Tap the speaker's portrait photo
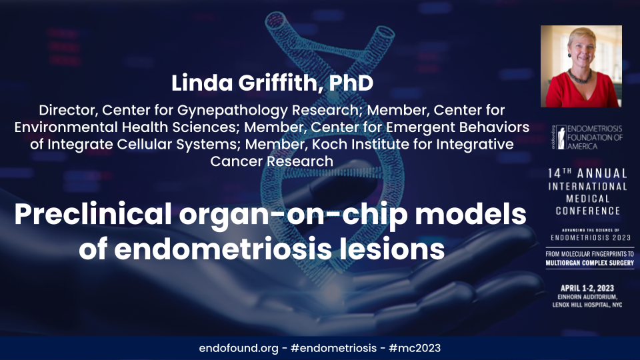coord(581,66)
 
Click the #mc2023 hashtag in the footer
coord(415,348)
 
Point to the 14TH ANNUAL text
coord(587,172)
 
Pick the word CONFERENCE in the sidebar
coord(587,211)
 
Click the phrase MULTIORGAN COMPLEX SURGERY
coord(587,263)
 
